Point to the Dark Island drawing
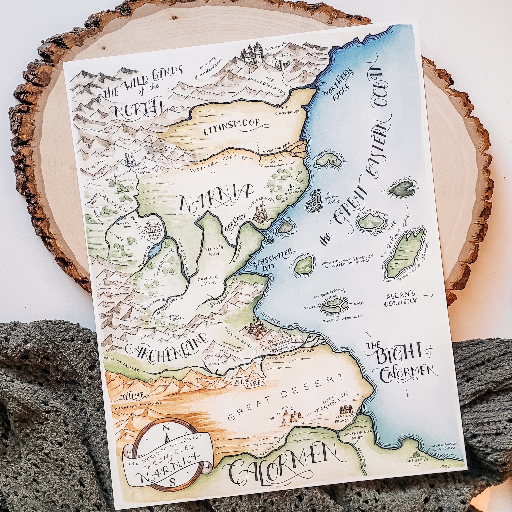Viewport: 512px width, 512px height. (402, 188)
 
